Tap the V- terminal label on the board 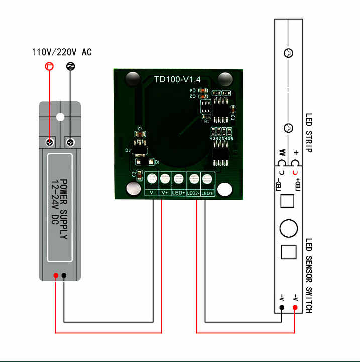pyautogui.click(x=151, y=193)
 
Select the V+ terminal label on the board pyautogui.click(x=165, y=193)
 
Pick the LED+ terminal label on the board pyautogui.click(x=179, y=193)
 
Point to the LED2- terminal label pyautogui.click(x=193, y=193)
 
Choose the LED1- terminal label pyautogui.click(x=208, y=193)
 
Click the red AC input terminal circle pyautogui.click(x=49, y=66)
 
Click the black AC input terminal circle pyautogui.click(x=71, y=66)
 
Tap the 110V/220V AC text pyautogui.click(x=62, y=52)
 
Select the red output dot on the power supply pyautogui.click(x=55, y=275)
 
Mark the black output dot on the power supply pyautogui.click(x=64, y=275)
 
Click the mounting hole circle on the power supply pyautogui.click(x=60, y=117)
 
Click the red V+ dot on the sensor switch pyautogui.click(x=295, y=307)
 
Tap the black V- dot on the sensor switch pyautogui.click(x=282, y=307)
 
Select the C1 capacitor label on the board pyautogui.click(x=141, y=130)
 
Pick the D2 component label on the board pyautogui.click(x=128, y=150)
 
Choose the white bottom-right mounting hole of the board pyautogui.click(x=225, y=190)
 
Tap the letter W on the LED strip pyautogui.click(x=282, y=152)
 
